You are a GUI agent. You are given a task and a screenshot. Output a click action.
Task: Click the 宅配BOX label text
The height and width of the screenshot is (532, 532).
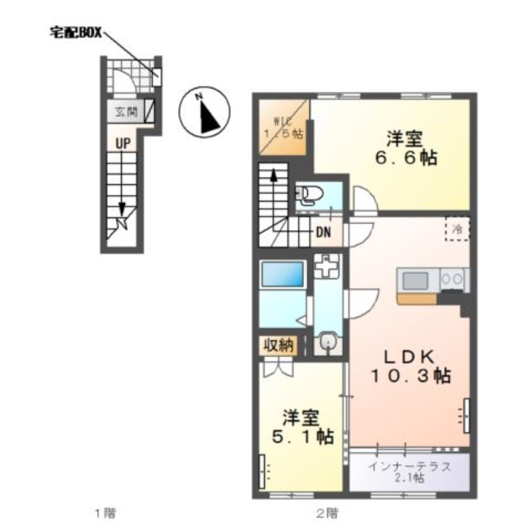[76, 33]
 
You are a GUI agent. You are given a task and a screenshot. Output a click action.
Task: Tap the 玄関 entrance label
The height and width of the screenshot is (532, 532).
[126, 111]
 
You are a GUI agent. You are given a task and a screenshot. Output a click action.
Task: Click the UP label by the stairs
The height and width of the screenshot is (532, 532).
[123, 144]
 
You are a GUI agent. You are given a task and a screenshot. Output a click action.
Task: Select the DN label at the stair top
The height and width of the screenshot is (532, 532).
[323, 232]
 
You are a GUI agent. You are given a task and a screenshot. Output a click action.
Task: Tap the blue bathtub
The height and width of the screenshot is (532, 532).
[282, 274]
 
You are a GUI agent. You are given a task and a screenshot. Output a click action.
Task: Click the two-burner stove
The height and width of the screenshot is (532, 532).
[453, 280]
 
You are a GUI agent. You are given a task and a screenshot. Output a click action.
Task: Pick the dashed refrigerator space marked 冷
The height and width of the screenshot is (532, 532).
[458, 229]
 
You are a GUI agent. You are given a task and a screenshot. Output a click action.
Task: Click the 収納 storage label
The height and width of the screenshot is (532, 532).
[279, 346]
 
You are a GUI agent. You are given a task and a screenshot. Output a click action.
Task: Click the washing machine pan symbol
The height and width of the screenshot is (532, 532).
[327, 265]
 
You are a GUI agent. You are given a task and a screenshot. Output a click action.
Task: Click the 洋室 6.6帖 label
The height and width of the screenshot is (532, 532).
[406, 148]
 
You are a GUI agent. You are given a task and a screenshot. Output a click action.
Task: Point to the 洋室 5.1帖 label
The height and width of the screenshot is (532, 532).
[303, 427]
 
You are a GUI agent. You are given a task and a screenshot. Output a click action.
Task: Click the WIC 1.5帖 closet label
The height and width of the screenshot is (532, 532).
[284, 127]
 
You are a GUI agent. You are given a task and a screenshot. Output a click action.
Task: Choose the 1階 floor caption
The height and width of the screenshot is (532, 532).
[105, 513]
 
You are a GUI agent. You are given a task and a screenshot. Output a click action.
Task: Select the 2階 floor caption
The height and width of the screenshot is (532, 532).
[327, 513]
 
